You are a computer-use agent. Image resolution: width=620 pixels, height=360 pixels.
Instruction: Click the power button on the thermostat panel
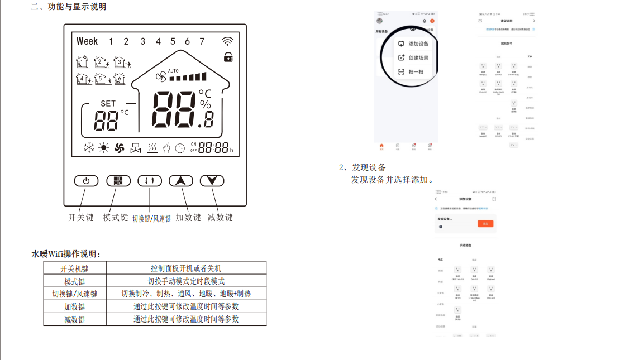[x=85, y=181]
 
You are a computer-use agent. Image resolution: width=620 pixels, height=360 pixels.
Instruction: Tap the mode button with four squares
[x=118, y=181]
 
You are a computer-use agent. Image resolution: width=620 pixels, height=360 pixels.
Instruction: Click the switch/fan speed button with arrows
[x=150, y=181]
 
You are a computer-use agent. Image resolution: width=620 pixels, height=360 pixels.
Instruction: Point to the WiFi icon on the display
[x=227, y=41]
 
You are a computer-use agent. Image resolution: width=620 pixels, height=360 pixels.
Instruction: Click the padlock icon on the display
[x=228, y=57]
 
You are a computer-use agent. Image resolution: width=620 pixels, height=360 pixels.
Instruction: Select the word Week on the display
[x=87, y=41]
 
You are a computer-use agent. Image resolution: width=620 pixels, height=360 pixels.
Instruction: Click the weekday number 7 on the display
[x=202, y=41]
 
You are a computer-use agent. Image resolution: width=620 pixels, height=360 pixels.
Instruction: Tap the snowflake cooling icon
[x=88, y=148]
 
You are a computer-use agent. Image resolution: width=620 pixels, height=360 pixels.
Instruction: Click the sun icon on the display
[x=103, y=148]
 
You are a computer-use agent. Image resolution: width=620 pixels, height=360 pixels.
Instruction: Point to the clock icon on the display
[x=180, y=148]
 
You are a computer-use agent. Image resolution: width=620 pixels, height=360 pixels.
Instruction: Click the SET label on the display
[x=108, y=103]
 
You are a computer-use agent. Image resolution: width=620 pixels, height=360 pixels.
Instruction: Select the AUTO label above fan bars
[x=173, y=71]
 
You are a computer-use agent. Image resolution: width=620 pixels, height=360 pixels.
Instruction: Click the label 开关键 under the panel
[x=81, y=218]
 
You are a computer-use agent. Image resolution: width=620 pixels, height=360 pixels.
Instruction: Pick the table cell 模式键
[x=74, y=281]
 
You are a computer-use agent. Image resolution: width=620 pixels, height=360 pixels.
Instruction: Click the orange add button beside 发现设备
[x=485, y=223]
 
